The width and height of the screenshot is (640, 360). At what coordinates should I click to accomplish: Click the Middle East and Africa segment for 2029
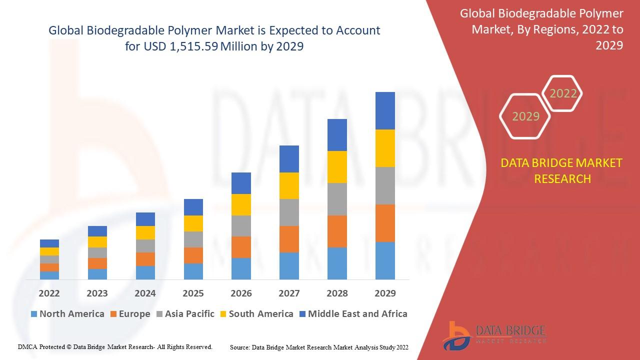tap(385, 110)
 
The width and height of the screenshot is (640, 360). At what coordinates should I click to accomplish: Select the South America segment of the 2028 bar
tap(337, 166)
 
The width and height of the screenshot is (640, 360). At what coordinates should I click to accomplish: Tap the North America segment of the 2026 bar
tap(241, 268)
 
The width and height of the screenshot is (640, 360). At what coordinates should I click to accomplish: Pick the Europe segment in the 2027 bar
tap(289, 239)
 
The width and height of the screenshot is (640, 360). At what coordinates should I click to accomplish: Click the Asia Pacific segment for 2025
tap(193, 239)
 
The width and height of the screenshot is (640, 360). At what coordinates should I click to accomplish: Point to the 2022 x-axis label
tap(49, 293)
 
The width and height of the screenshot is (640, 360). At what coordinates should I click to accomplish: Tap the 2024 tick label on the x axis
tap(145, 293)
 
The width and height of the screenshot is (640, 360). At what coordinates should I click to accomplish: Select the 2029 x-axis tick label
tap(385, 293)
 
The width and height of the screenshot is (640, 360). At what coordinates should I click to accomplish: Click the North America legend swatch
tap(34, 314)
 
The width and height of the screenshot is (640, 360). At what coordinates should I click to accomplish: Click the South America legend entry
tap(256, 314)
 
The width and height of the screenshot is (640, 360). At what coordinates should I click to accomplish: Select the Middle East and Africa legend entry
tap(352, 314)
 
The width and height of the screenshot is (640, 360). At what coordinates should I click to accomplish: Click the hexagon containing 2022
tap(563, 93)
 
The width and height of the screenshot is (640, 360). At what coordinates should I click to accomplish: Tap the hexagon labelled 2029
tap(525, 116)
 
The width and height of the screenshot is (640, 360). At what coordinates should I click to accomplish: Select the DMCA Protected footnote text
tap(115, 346)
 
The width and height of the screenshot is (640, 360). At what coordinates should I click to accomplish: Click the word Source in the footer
tap(239, 347)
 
